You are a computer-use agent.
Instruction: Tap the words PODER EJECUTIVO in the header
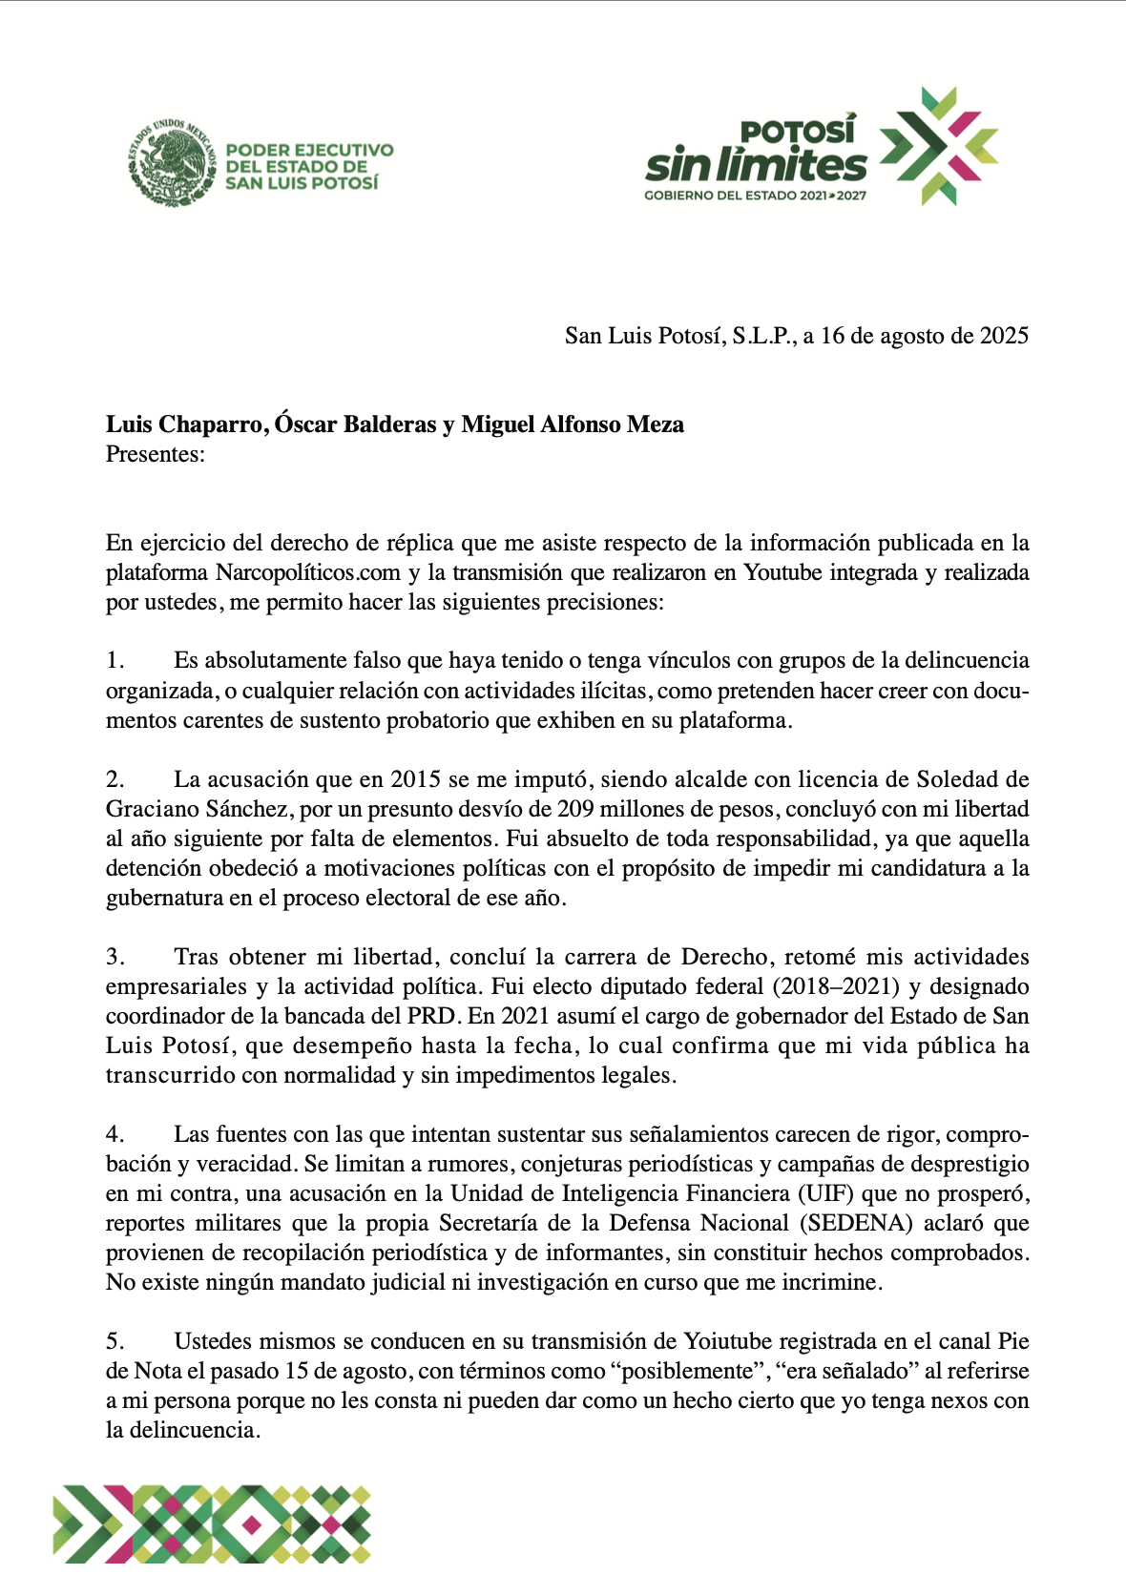[x=309, y=150]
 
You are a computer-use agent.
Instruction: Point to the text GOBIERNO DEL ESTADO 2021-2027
[x=755, y=196]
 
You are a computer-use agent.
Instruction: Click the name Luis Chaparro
[x=183, y=425]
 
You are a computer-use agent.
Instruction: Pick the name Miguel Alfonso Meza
[x=573, y=425]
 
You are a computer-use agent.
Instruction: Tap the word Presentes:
[x=156, y=454]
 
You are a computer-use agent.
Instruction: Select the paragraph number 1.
[x=115, y=660]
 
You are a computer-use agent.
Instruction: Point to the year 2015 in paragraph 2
[x=415, y=779]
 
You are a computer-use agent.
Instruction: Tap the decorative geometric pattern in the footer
[x=212, y=1523]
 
